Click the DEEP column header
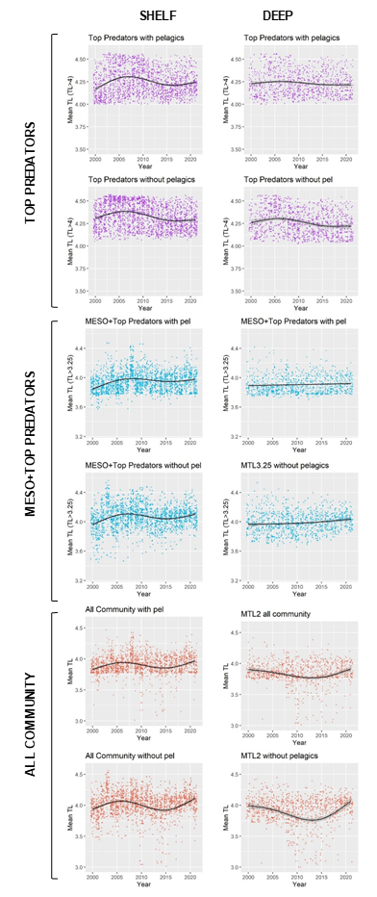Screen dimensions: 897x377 pos(279,16)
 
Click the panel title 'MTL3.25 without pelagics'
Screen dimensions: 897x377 pos(286,467)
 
